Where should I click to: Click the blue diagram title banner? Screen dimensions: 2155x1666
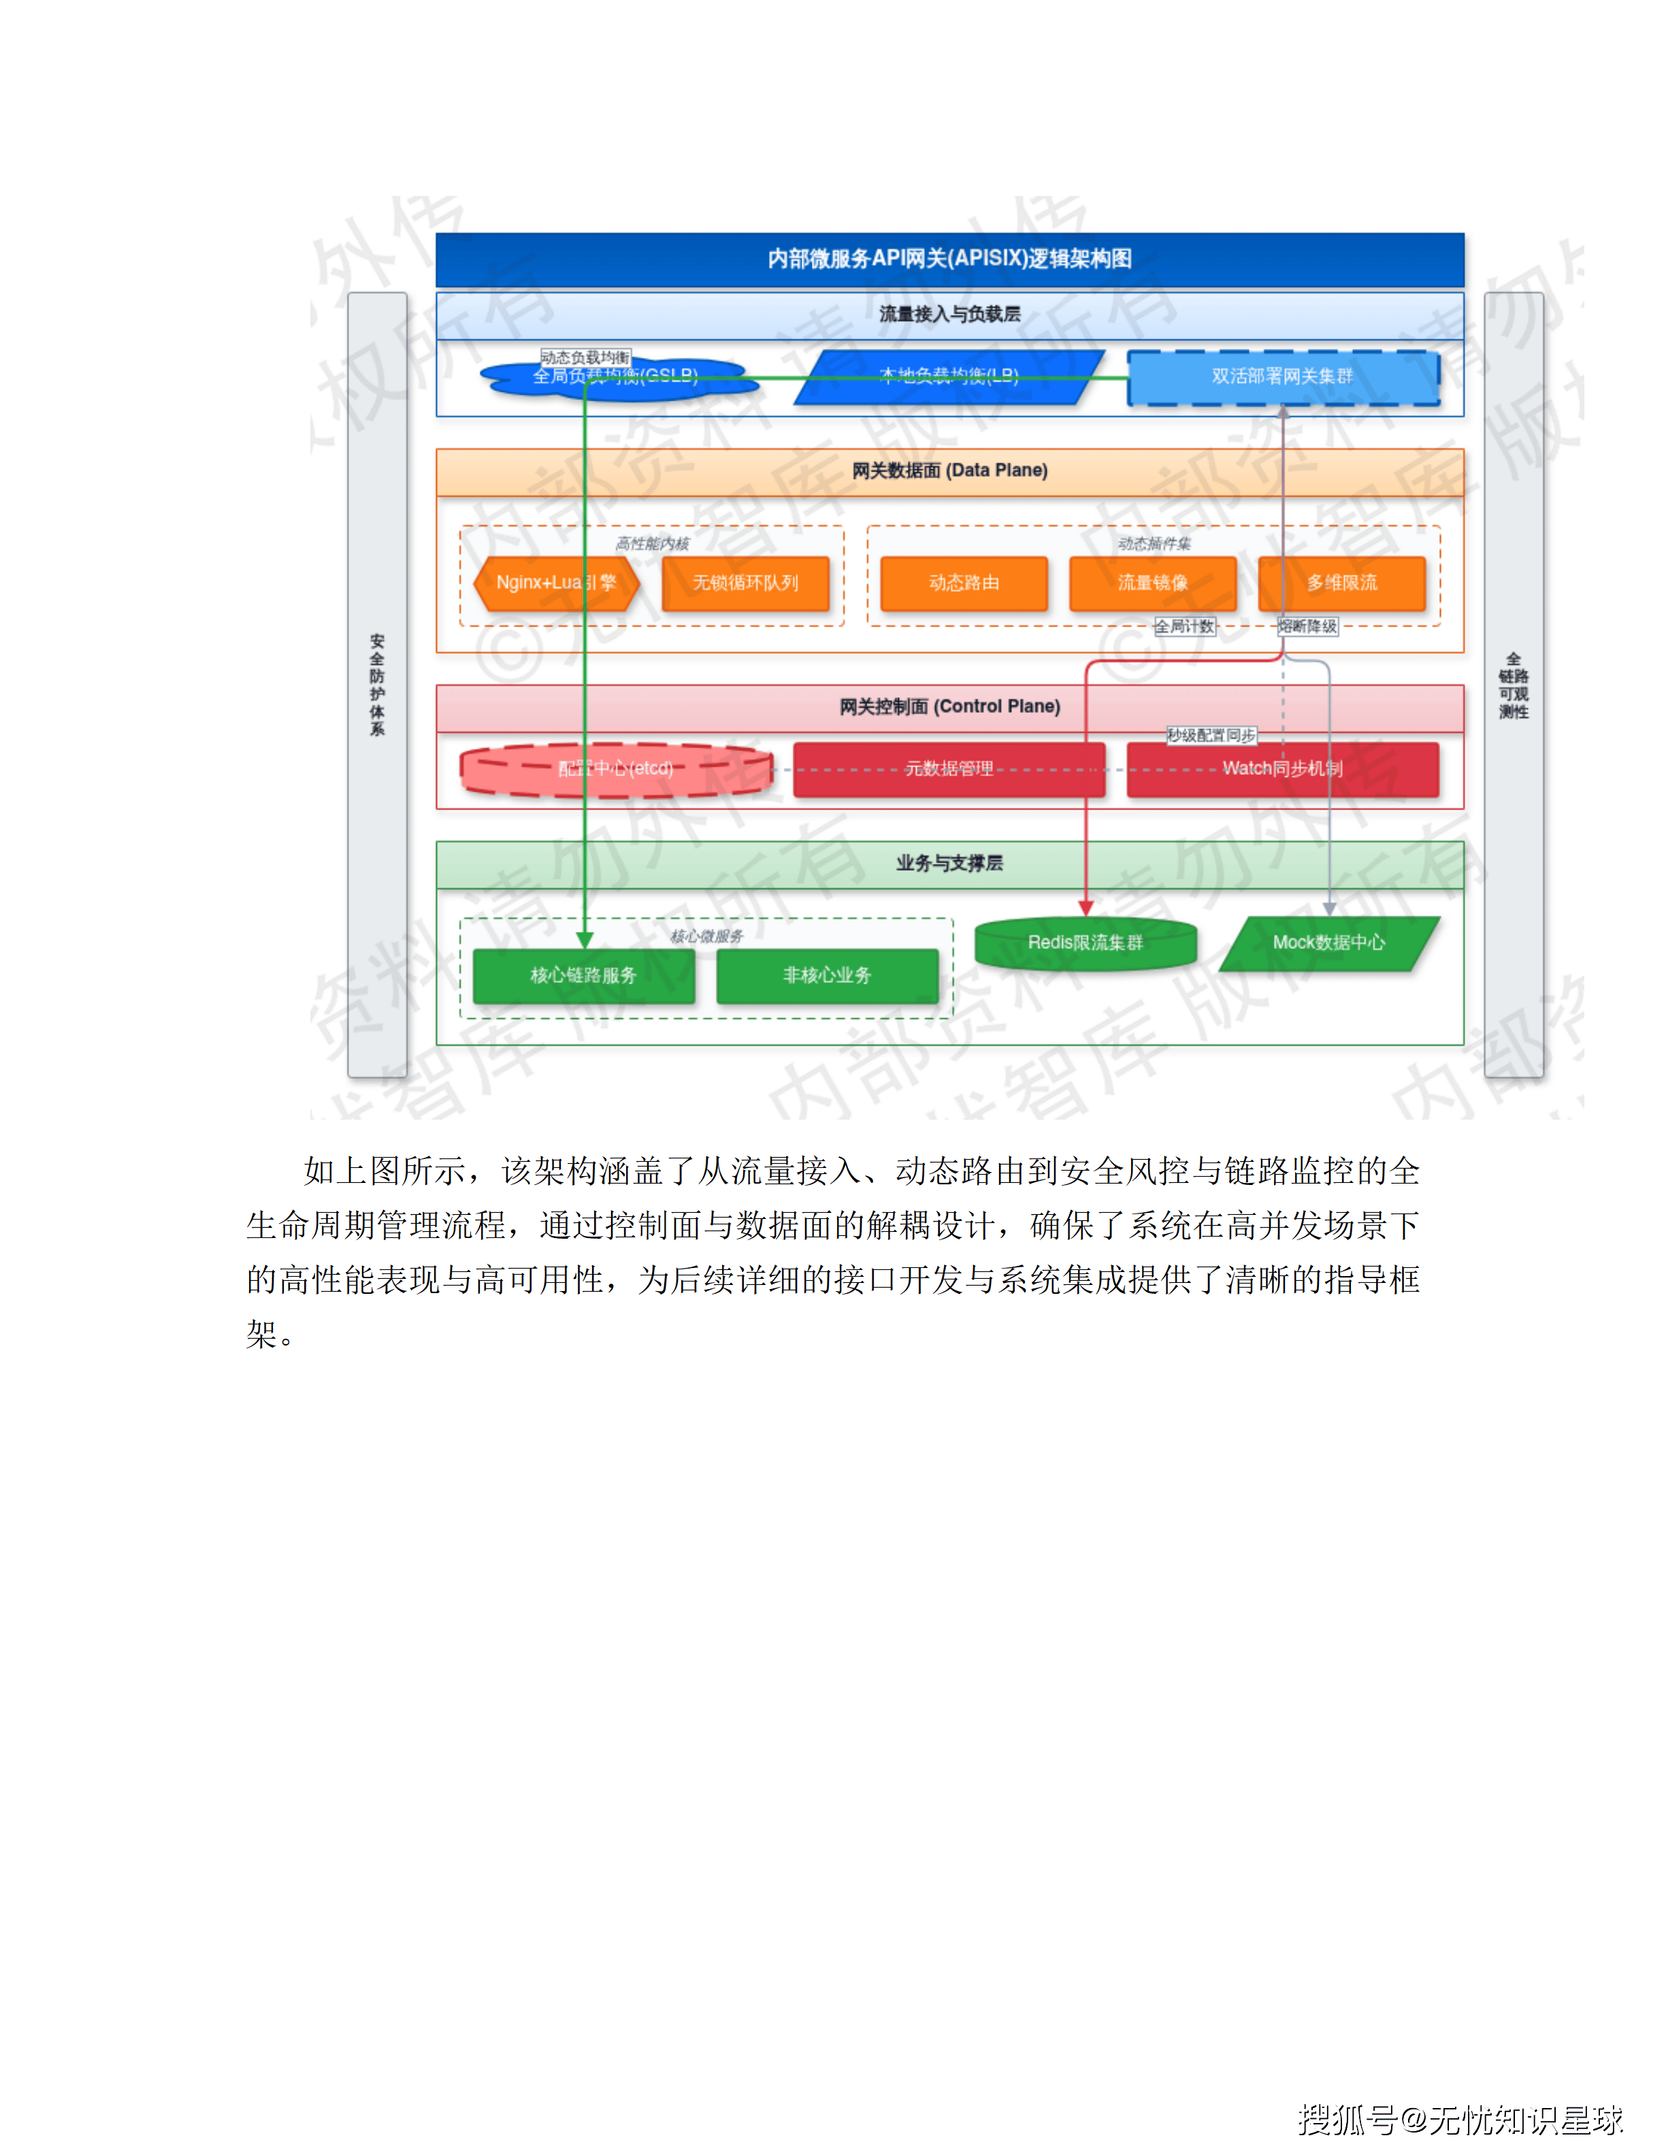(x=949, y=258)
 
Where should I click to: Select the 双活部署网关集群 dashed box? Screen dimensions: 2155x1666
(x=1283, y=377)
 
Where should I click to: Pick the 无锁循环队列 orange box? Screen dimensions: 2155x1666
(x=745, y=583)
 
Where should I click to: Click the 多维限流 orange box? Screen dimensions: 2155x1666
(x=1341, y=583)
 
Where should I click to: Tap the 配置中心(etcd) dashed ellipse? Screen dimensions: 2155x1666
(x=616, y=769)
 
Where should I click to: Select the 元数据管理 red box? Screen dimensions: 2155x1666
(x=949, y=769)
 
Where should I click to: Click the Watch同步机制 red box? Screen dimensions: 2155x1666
(x=1282, y=769)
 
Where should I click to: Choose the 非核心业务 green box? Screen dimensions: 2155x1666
(x=827, y=976)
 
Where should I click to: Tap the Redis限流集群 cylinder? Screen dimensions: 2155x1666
(x=1085, y=944)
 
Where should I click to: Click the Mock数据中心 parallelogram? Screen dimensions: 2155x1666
(x=1328, y=943)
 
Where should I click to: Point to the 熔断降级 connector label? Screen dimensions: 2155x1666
(x=1308, y=627)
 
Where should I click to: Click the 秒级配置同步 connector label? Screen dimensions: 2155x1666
(x=1211, y=736)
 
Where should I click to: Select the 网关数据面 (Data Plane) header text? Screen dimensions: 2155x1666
(x=949, y=471)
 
